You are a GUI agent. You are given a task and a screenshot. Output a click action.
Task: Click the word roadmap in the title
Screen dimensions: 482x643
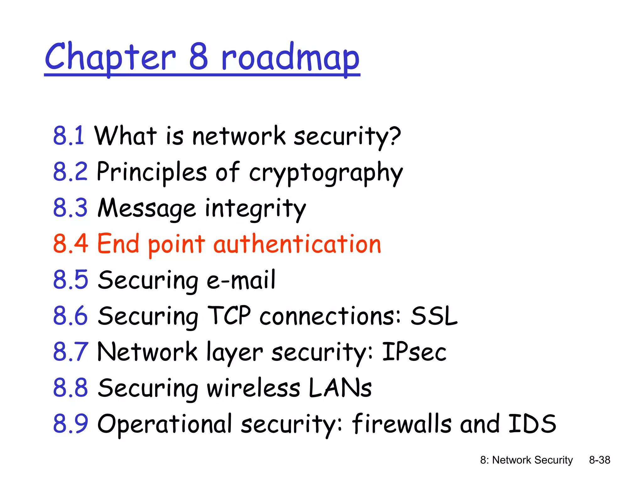click(x=290, y=58)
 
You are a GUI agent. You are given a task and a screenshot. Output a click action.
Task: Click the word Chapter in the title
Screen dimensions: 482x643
click(x=110, y=58)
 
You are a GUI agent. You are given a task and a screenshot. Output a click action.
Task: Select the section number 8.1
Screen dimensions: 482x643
click(x=68, y=136)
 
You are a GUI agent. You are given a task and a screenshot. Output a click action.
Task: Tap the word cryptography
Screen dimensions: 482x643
click(x=326, y=172)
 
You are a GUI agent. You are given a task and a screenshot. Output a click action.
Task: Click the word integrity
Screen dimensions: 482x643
click(x=255, y=209)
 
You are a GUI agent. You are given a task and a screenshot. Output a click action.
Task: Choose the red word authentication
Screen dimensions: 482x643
click(x=297, y=244)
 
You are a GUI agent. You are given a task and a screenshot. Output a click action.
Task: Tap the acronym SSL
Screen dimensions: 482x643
click(x=434, y=316)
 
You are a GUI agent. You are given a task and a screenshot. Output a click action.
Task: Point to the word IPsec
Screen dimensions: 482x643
click(x=414, y=352)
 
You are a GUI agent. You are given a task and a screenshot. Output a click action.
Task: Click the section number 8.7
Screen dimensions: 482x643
click(x=71, y=351)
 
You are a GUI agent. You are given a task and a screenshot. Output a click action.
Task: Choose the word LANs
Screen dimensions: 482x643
click(x=340, y=388)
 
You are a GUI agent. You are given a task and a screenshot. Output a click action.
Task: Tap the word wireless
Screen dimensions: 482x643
click(x=253, y=388)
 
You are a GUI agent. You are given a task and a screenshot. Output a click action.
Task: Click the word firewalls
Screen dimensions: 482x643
click(x=402, y=424)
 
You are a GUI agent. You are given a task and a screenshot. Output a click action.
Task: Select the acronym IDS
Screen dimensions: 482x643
click(x=532, y=424)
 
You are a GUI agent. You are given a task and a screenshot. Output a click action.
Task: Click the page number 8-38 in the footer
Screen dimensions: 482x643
click(x=599, y=460)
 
